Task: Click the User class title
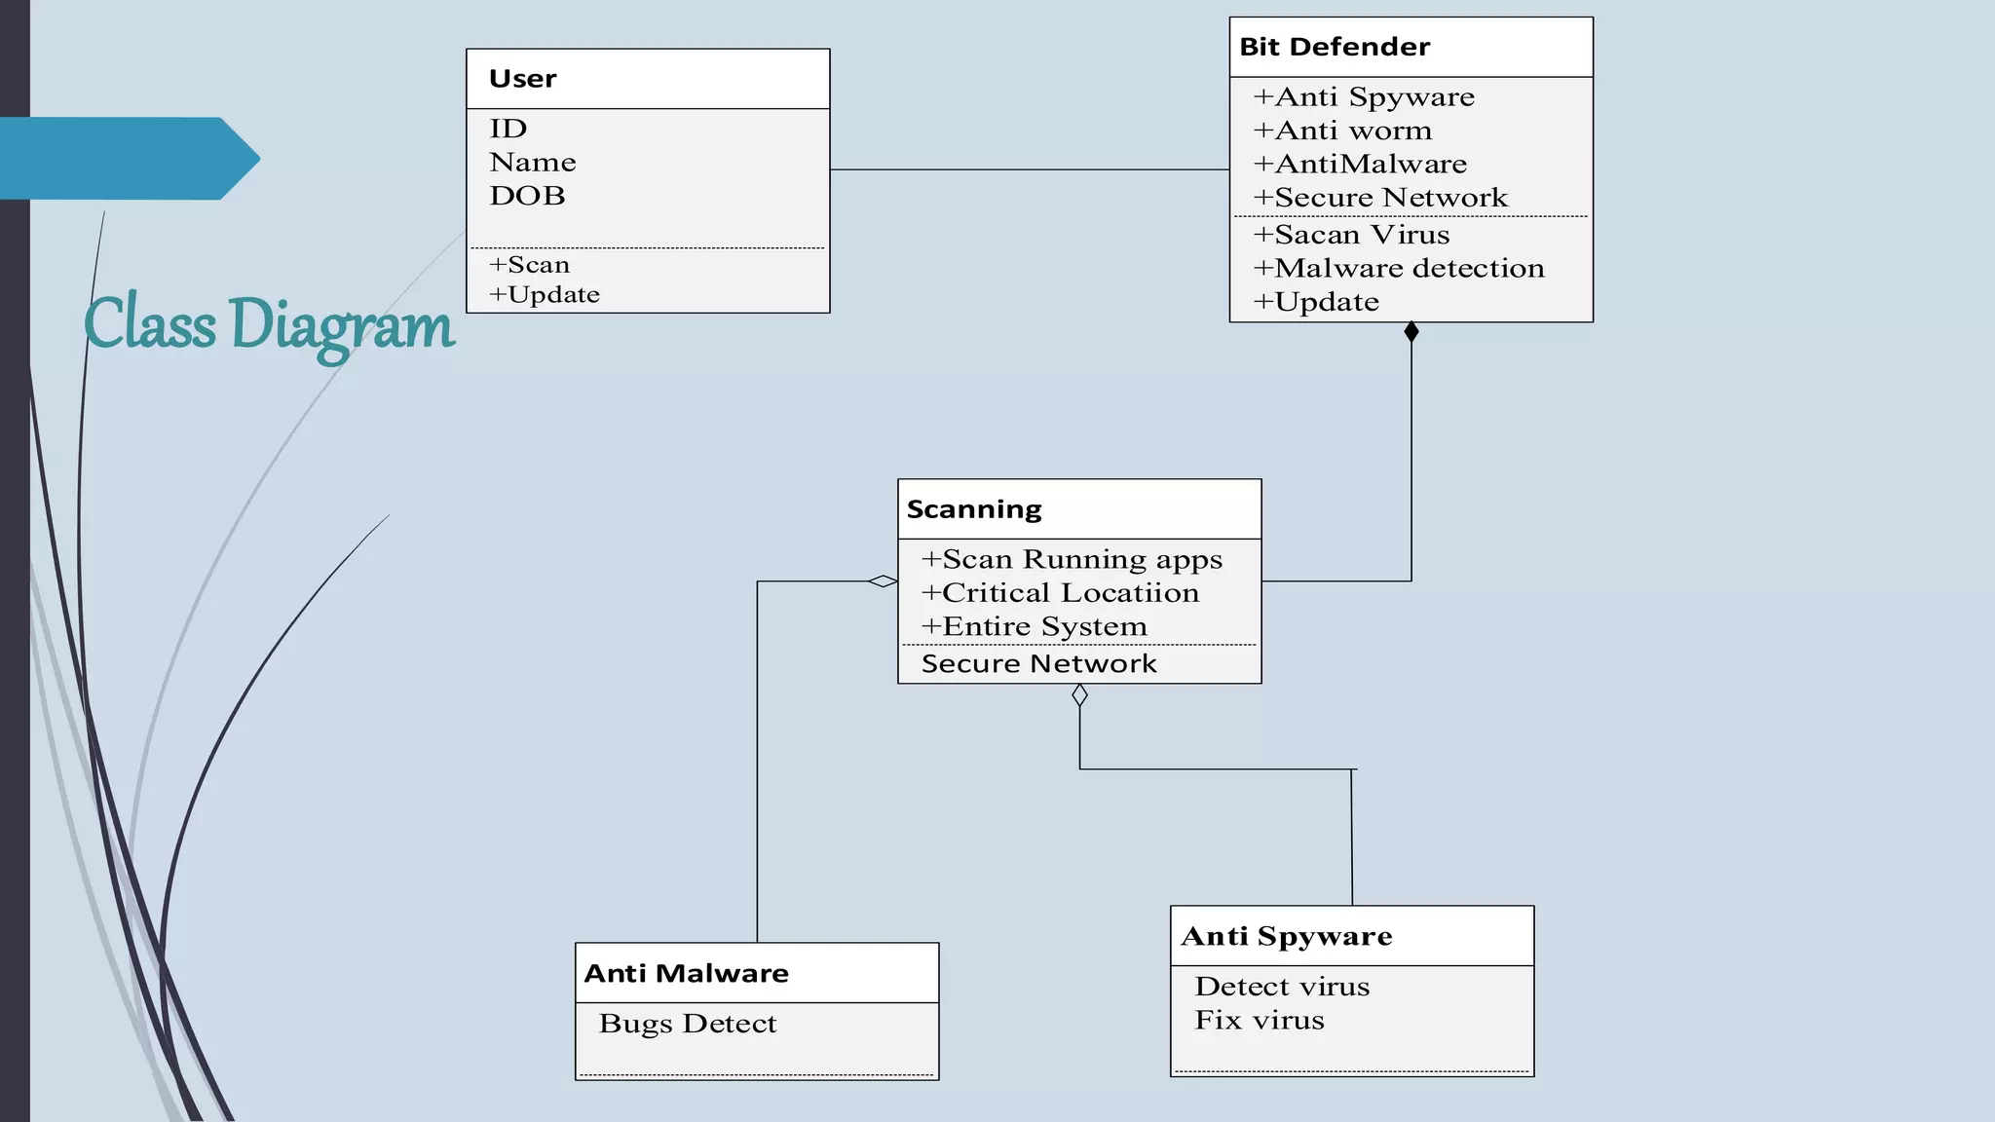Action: [x=523, y=79]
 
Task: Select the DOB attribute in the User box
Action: [x=527, y=196]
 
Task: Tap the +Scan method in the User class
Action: [x=529, y=265]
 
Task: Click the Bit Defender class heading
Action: [x=1335, y=47]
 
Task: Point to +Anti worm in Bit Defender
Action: [x=1342, y=131]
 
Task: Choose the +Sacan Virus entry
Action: [x=1351, y=235]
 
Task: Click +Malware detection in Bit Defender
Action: [x=1399, y=269]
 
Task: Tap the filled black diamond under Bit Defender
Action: [x=1412, y=332]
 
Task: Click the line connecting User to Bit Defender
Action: [x=1029, y=169]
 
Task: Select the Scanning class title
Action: [x=974, y=509]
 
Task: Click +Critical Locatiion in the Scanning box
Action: [x=1060, y=593]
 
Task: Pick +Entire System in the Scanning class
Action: [x=1035, y=626]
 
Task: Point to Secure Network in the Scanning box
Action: [x=1038, y=664]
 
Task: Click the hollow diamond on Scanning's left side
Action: [x=883, y=581]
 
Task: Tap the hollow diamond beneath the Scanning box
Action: [x=1079, y=695]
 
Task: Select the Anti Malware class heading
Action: [x=687, y=973]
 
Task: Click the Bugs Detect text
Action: [x=688, y=1024]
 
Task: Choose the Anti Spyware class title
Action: [x=1287, y=936]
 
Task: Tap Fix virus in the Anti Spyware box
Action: [x=1260, y=1021]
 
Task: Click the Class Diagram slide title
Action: [x=269, y=324]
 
